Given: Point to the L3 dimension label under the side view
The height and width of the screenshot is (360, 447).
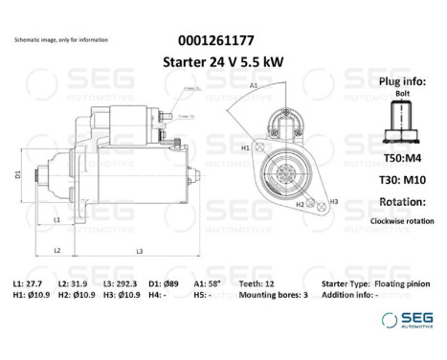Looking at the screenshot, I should pos(139,251).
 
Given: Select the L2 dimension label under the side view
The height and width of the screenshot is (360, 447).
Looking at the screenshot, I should pos(57,250).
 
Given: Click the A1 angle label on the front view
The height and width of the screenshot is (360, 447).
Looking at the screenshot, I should pos(254,86).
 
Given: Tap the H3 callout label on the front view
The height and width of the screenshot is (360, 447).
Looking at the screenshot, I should pos(333,201).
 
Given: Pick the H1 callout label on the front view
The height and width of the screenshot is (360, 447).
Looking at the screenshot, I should pos(245,148).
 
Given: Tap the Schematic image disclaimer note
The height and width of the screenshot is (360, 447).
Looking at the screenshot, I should pos(61,40).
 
